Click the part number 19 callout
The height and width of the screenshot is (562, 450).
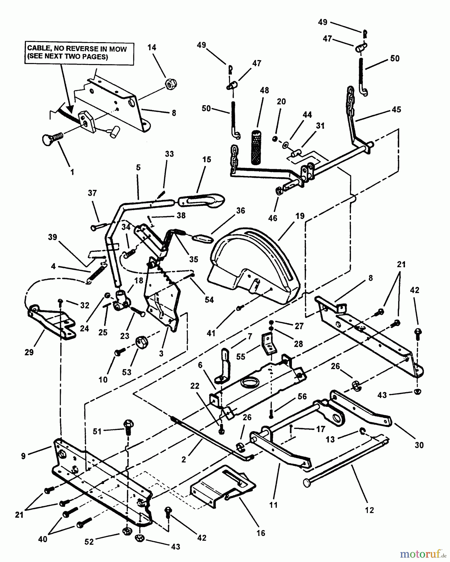300,216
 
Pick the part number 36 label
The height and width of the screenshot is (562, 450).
241,211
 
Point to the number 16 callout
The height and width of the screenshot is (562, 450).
261,533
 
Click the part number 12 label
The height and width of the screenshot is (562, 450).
369,510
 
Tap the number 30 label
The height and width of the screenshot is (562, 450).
419,445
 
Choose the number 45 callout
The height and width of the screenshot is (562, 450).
396,110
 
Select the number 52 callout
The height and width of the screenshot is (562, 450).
89,542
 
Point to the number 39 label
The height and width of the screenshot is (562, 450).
52,237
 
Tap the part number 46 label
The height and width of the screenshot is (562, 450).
273,218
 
